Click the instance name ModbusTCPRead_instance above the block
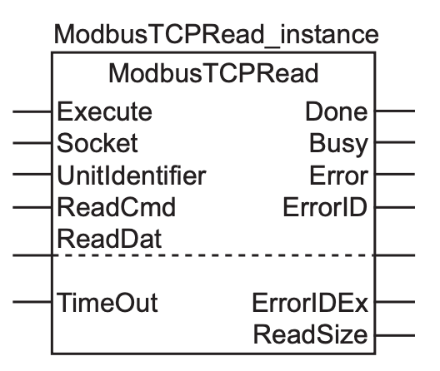(216, 35)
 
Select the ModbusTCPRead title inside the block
(213, 73)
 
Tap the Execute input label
(104, 111)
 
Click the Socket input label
(97, 143)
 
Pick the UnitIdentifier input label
(132, 176)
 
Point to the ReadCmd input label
(116, 207)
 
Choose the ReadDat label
(109, 239)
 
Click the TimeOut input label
(107, 302)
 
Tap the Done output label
(336, 111)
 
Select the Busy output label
(338, 144)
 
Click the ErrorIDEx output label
(310, 303)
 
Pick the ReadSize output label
(310, 334)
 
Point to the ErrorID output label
(325, 207)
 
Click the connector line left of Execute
(32, 111)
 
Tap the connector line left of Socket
(32, 143)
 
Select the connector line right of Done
(395, 111)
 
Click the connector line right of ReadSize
(395, 335)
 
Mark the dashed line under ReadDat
(213, 255)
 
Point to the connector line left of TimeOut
(32, 302)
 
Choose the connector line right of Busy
(395, 142)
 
